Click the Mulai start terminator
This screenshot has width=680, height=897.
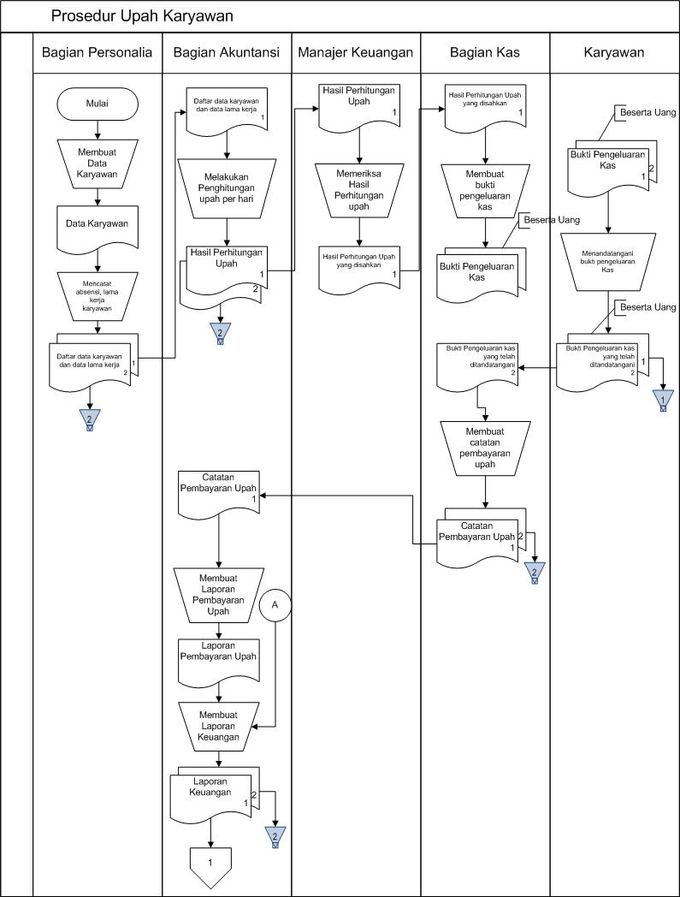point(98,104)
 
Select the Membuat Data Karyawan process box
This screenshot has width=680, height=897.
point(98,163)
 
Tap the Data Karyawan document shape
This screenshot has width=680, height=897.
point(98,224)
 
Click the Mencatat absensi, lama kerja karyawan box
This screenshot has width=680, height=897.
point(98,295)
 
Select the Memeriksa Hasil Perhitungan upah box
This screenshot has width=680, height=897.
point(359,189)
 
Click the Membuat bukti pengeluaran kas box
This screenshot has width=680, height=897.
point(485,190)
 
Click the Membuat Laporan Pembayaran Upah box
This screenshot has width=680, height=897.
point(219,596)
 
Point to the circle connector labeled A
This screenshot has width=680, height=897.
point(275,603)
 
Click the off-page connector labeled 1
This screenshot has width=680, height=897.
point(210,863)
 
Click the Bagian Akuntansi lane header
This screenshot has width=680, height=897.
point(227,53)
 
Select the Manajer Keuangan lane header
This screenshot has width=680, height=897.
point(356,53)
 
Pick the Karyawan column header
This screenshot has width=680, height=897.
point(614,53)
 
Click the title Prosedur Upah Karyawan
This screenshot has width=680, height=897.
point(142,16)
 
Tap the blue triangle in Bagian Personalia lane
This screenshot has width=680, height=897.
point(90,419)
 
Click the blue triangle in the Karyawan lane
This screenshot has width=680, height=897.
point(664,401)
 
